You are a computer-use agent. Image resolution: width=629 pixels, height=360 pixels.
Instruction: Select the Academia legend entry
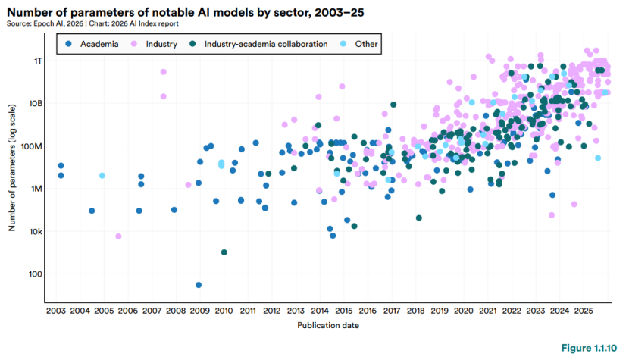[x=95, y=44]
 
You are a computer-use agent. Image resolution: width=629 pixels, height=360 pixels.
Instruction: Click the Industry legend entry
[x=161, y=44]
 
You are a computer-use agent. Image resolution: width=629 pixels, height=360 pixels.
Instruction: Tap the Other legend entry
[x=366, y=44]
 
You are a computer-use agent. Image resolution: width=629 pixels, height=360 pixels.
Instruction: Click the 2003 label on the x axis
[x=56, y=310]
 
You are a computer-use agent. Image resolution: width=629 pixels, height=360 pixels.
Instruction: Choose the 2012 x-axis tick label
[x=271, y=310]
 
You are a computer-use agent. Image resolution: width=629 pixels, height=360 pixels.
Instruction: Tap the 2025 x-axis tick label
[x=583, y=310]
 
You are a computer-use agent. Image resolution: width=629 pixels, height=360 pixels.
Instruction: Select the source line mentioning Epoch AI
[x=99, y=23]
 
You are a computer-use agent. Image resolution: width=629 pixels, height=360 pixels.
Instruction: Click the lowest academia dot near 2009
[x=199, y=285]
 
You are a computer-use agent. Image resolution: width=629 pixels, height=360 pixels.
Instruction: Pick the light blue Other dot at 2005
[x=102, y=175]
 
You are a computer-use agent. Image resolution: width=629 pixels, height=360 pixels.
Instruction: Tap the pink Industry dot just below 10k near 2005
[x=118, y=236]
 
